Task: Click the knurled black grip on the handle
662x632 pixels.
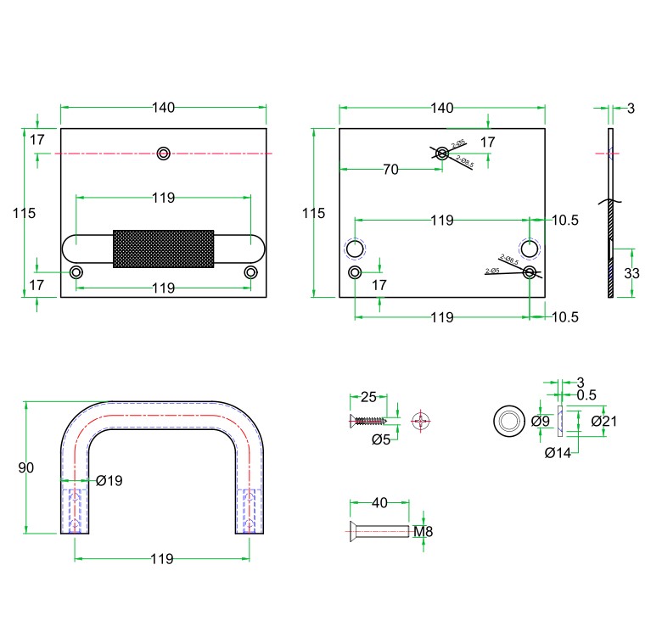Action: pyautogui.click(x=163, y=248)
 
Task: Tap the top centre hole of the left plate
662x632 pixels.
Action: pyautogui.click(x=164, y=153)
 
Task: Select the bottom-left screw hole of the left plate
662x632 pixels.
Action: pyautogui.click(x=77, y=272)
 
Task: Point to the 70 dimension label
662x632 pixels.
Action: pyautogui.click(x=390, y=170)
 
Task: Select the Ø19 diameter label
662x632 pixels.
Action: pyautogui.click(x=109, y=481)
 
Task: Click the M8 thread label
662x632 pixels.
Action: pyautogui.click(x=424, y=532)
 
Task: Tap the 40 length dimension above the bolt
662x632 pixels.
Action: pyautogui.click(x=379, y=503)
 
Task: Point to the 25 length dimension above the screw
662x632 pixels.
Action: pyautogui.click(x=368, y=397)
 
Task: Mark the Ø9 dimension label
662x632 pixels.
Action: pyautogui.click(x=541, y=421)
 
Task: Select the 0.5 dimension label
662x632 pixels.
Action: pyautogui.click(x=586, y=395)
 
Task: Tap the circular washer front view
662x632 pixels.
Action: pyautogui.click(x=509, y=421)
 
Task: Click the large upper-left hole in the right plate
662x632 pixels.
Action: pyautogui.click(x=354, y=248)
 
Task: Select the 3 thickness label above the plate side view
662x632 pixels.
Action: pyautogui.click(x=631, y=108)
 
